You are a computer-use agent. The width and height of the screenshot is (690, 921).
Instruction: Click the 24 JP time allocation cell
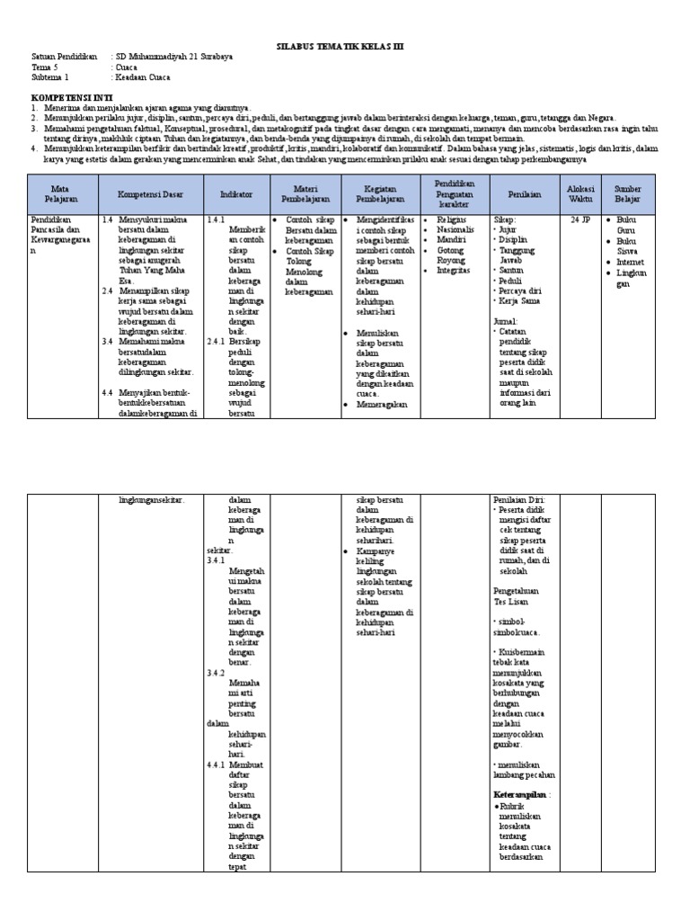point(579,219)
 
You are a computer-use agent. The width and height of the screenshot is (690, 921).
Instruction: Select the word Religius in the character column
point(453,219)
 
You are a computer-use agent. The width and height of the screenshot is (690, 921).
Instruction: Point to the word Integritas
point(454,270)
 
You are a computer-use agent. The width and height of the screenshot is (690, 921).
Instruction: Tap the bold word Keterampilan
point(520,795)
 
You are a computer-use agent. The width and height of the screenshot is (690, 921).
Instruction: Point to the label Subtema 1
point(49,77)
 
